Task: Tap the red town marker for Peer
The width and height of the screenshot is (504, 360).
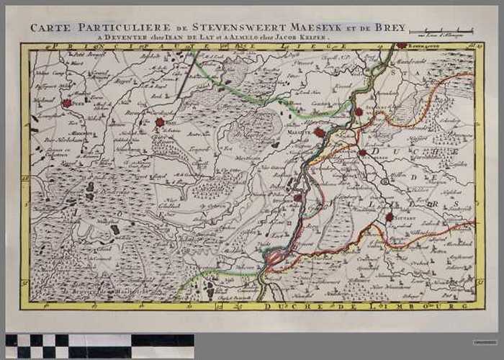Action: click(67, 104)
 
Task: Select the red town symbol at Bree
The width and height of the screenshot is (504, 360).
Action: click(160, 122)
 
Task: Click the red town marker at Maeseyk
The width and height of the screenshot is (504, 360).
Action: click(318, 132)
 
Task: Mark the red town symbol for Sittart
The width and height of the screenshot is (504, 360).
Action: click(389, 216)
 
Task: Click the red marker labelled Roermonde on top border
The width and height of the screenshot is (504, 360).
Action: click(401, 46)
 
